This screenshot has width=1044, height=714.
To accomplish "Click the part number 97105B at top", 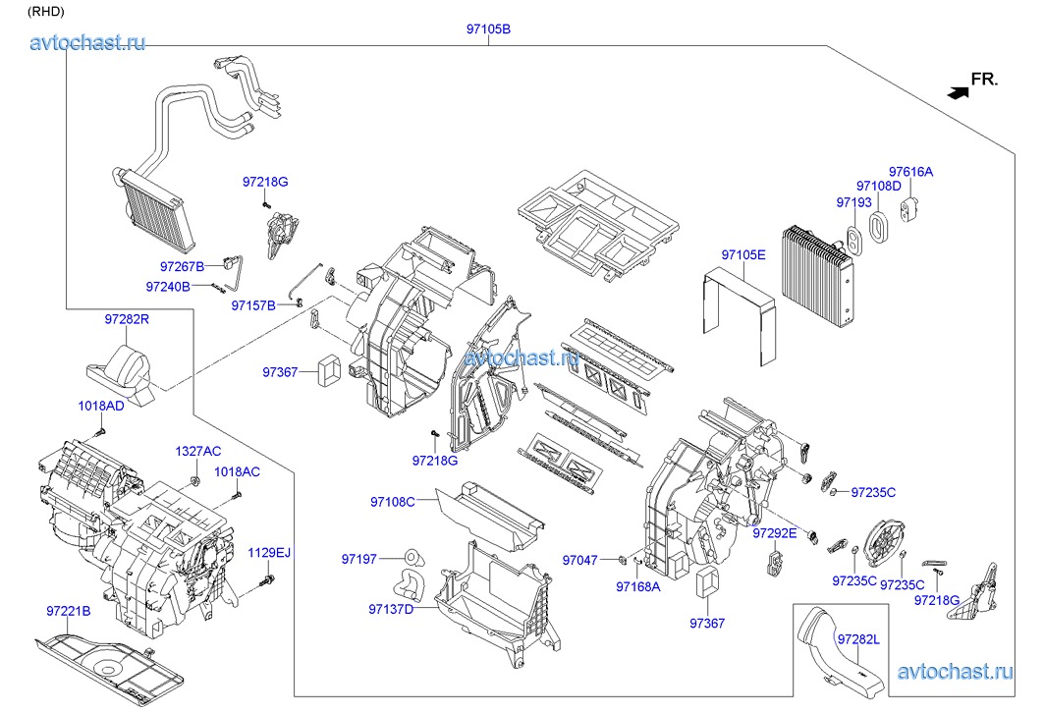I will point(488,29).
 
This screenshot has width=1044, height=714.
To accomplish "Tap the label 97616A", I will point(910,172).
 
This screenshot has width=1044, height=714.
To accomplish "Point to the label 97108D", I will point(878,186).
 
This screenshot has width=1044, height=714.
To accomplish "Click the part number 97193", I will point(853,202).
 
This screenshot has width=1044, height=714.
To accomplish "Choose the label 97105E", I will point(742,255).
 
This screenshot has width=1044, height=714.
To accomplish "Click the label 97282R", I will point(127,319).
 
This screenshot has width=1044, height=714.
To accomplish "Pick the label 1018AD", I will point(101,406).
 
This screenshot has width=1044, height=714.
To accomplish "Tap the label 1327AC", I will point(198,451).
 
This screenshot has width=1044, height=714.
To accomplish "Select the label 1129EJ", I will point(269,553).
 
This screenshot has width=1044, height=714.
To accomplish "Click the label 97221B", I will point(68,611).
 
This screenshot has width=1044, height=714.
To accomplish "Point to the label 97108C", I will point(392,502).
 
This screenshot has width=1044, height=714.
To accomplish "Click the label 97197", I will point(359,559).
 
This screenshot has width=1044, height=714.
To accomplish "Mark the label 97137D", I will point(391,610).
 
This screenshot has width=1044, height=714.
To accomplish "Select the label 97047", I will point(579,560).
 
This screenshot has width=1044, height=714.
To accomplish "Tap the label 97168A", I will point(638,586).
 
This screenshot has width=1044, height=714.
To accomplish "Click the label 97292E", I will point(776,533).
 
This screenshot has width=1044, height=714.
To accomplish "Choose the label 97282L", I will point(858,639).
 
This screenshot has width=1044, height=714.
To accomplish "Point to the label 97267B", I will point(182,266).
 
